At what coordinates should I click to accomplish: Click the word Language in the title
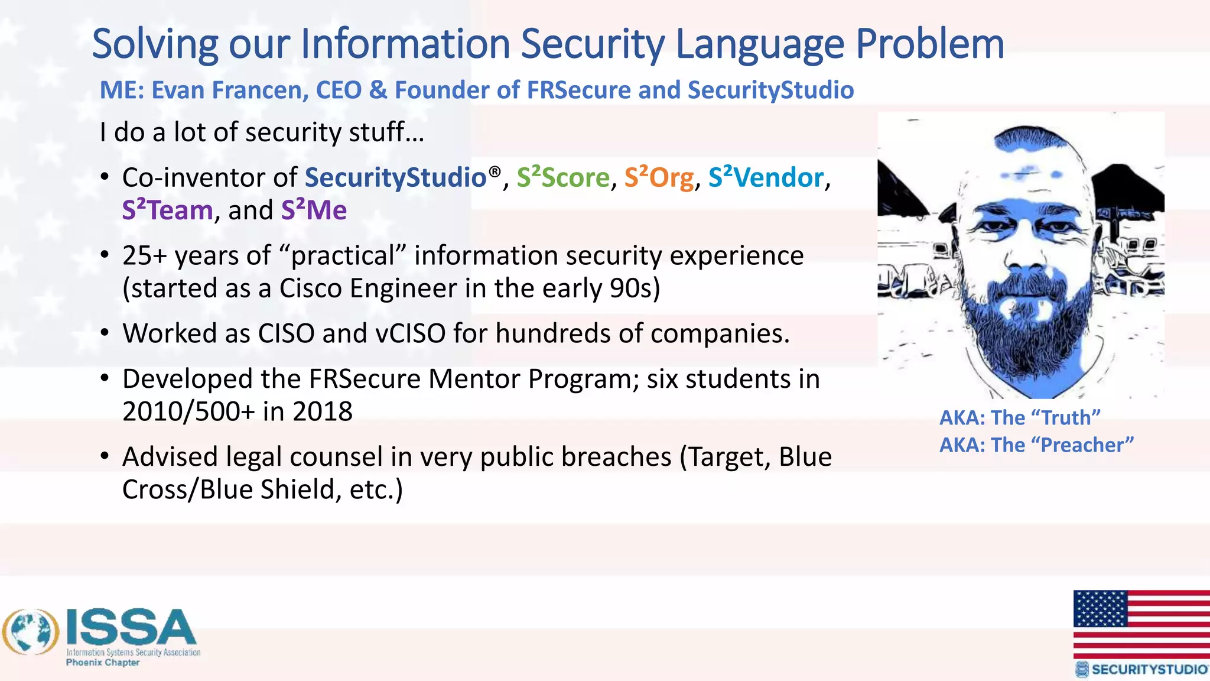(759, 45)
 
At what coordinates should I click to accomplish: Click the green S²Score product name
(563, 177)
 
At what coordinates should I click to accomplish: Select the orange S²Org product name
(659, 177)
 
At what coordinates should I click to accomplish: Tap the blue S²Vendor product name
(766, 177)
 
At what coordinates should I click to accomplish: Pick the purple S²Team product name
(167, 210)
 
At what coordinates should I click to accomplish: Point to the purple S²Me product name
(314, 210)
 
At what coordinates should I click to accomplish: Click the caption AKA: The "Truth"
(1020, 418)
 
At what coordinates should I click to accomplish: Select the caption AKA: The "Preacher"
(1036, 445)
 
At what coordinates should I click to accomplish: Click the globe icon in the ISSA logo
(31, 632)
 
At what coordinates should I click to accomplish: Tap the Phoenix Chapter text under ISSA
(103, 663)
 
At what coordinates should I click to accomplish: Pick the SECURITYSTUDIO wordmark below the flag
(1149, 669)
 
